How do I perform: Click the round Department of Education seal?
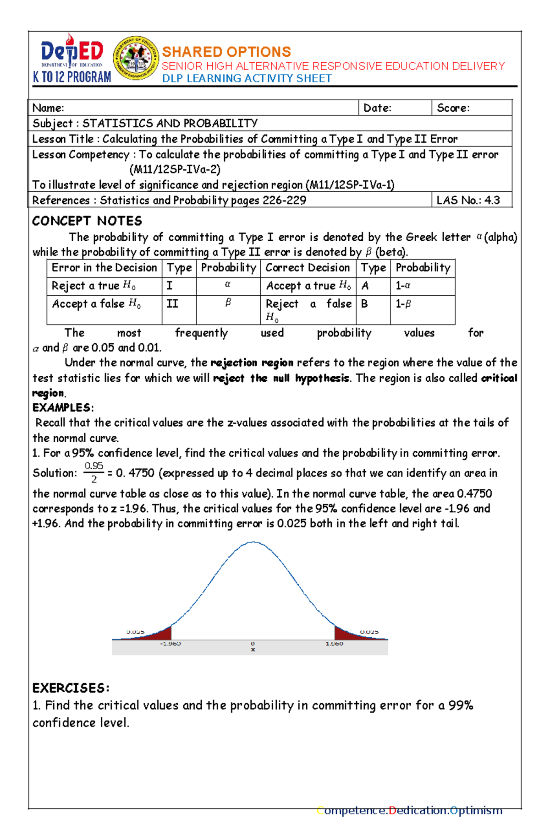136,58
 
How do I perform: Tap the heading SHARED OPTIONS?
226,52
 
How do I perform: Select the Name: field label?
48,108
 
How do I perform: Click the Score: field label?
453,108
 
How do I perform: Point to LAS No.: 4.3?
468,200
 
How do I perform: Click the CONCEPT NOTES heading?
87,221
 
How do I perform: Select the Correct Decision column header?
308,268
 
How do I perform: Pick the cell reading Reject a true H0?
93,286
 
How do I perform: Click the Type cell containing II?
172,304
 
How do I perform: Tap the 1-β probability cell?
403,304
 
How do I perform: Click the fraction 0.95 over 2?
94,472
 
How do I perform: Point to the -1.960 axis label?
170,644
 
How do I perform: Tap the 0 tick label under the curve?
253,644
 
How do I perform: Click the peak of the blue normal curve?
253,543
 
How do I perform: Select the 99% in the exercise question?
461,705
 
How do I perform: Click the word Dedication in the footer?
418,810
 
